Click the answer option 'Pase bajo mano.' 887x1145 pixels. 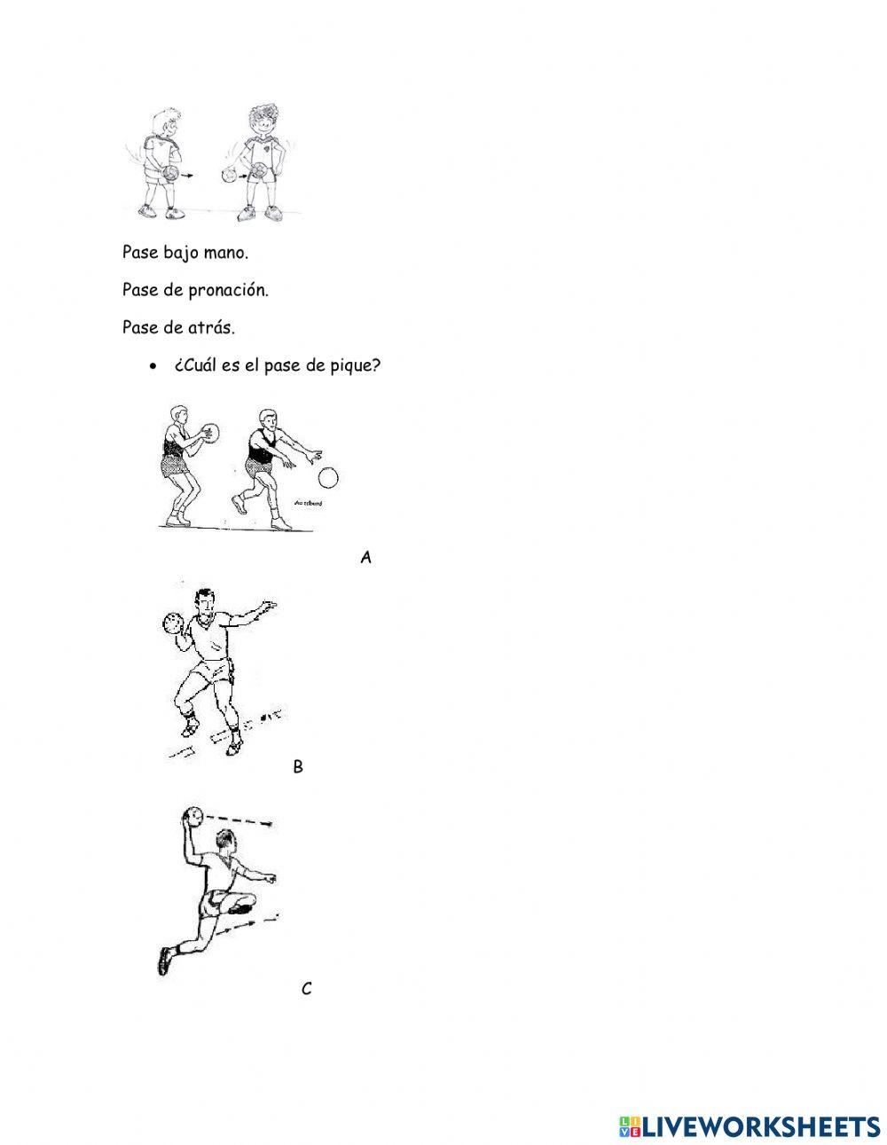tap(185, 253)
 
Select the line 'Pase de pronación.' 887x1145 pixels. tap(195, 290)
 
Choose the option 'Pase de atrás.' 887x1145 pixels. tap(178, 327)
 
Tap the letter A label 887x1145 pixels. tap(365, 557)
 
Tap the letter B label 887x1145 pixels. tap(298, 767)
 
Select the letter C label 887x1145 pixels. tap(307, 989)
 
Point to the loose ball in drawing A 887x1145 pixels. tap(328, 479)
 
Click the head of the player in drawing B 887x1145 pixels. tap(207, 606)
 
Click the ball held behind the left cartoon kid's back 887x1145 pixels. tap(174, 172)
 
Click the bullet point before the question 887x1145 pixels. tap(153, 366)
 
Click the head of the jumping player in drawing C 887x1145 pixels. tap(228, 840)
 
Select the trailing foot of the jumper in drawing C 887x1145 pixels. tap(164, 961)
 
